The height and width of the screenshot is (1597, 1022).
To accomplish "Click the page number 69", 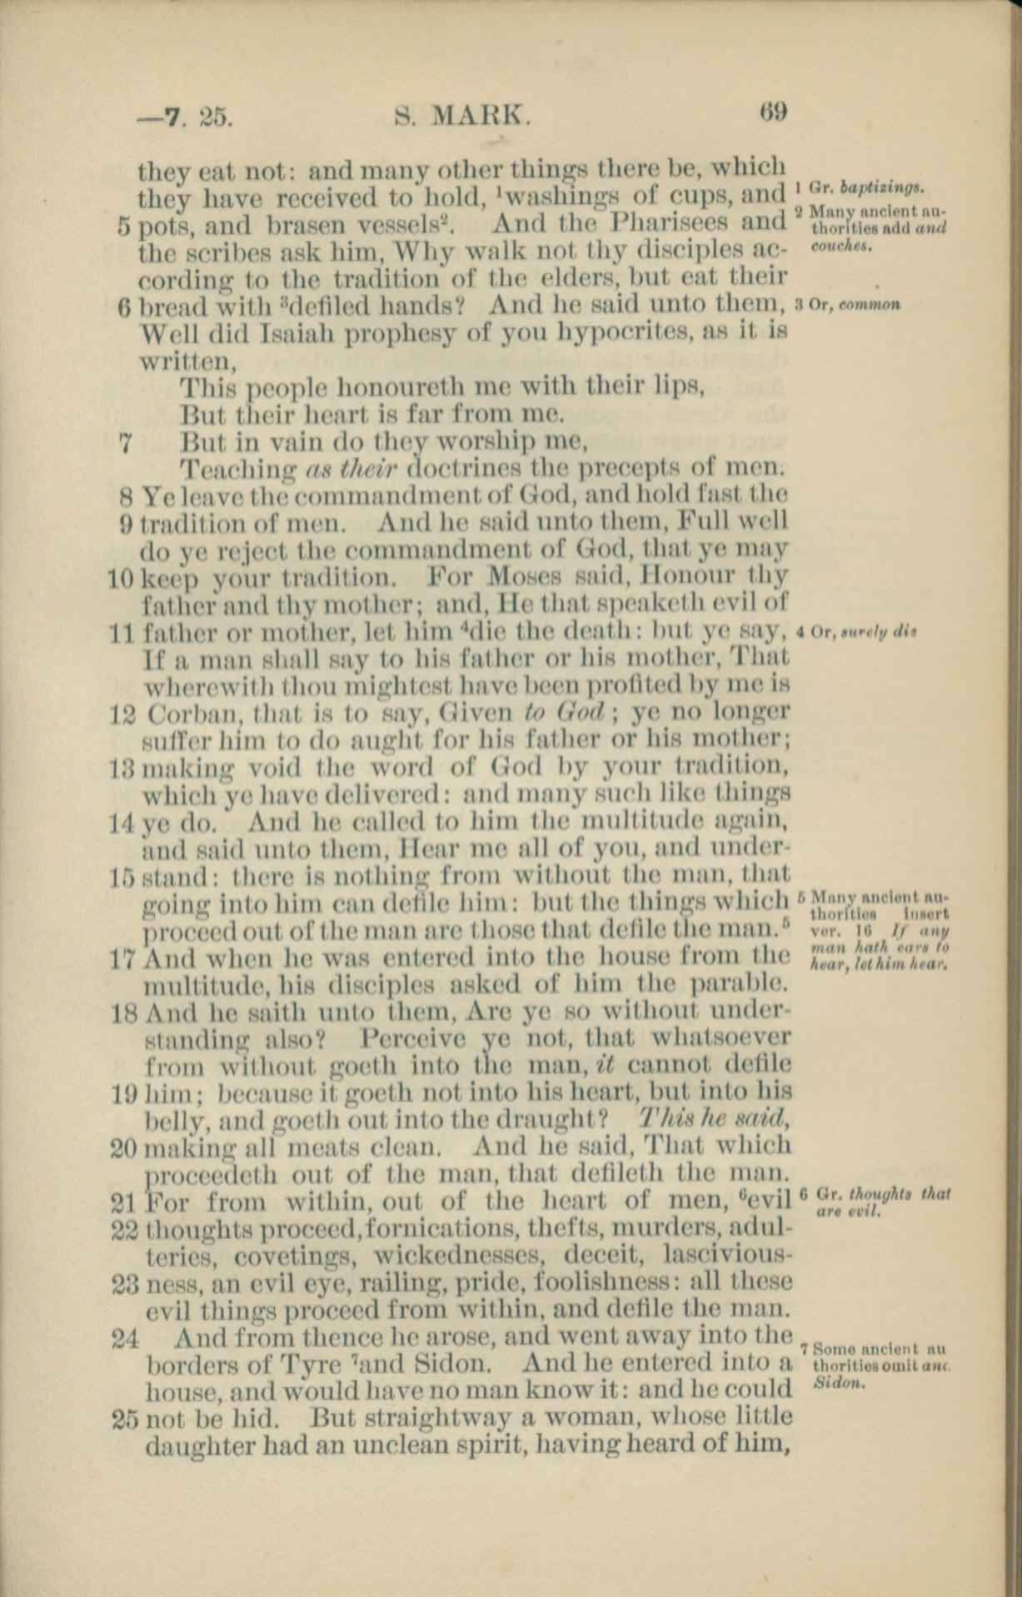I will [x=773, y=111].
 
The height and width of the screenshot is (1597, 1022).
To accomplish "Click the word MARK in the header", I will [x=478, y=117].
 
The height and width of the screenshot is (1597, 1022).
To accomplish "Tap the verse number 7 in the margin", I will [x=127, y=442].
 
